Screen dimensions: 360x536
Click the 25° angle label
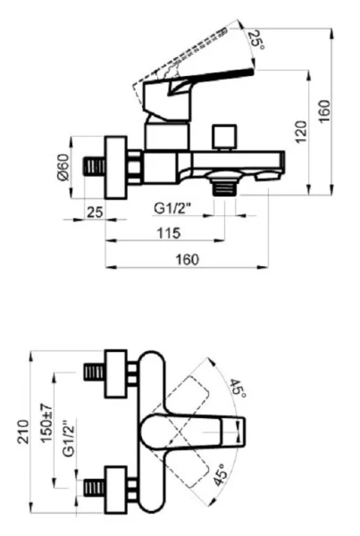tap(256, 41)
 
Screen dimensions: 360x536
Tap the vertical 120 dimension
tap(301, 132)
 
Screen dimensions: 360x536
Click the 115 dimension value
tap(169, 233)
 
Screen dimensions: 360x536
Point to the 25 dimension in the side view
tap(95, 212)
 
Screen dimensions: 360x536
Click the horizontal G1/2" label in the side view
tap(172, 208)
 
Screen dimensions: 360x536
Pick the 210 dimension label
tap(23, 431)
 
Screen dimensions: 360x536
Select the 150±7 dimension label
tap(46, 423)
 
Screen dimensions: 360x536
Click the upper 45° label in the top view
tap(238, 389)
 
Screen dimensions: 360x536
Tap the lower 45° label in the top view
tap(221, 474)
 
